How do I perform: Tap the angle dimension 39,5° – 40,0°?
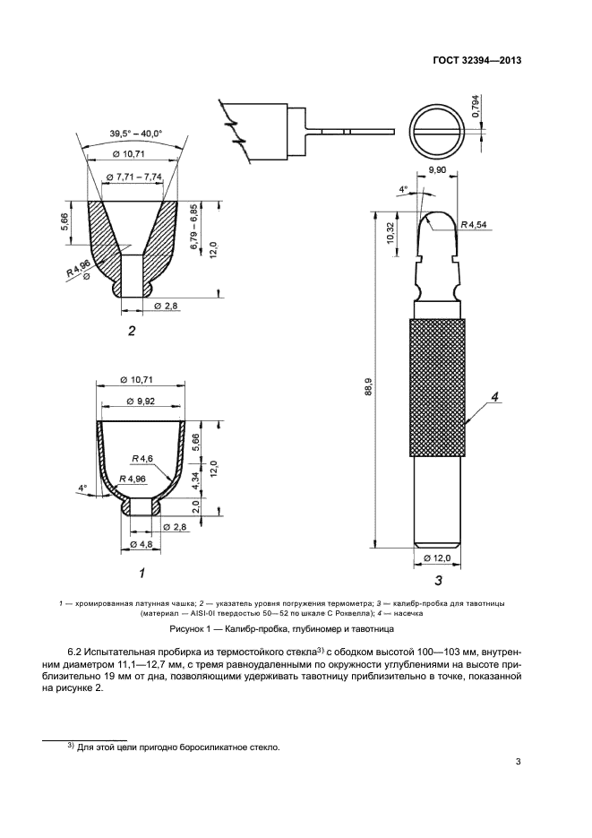click(x=136, y=134)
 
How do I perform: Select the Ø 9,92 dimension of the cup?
click(x=141, y=401)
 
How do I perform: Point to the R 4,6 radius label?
click(x=143, y=459)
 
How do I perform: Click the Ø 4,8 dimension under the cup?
click(x=141, y=544)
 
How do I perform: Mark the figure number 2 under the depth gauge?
click(x=132, y=332)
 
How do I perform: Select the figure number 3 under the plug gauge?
click(x=438, y=580)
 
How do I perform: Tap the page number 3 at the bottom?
click(x=519, y=763)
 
